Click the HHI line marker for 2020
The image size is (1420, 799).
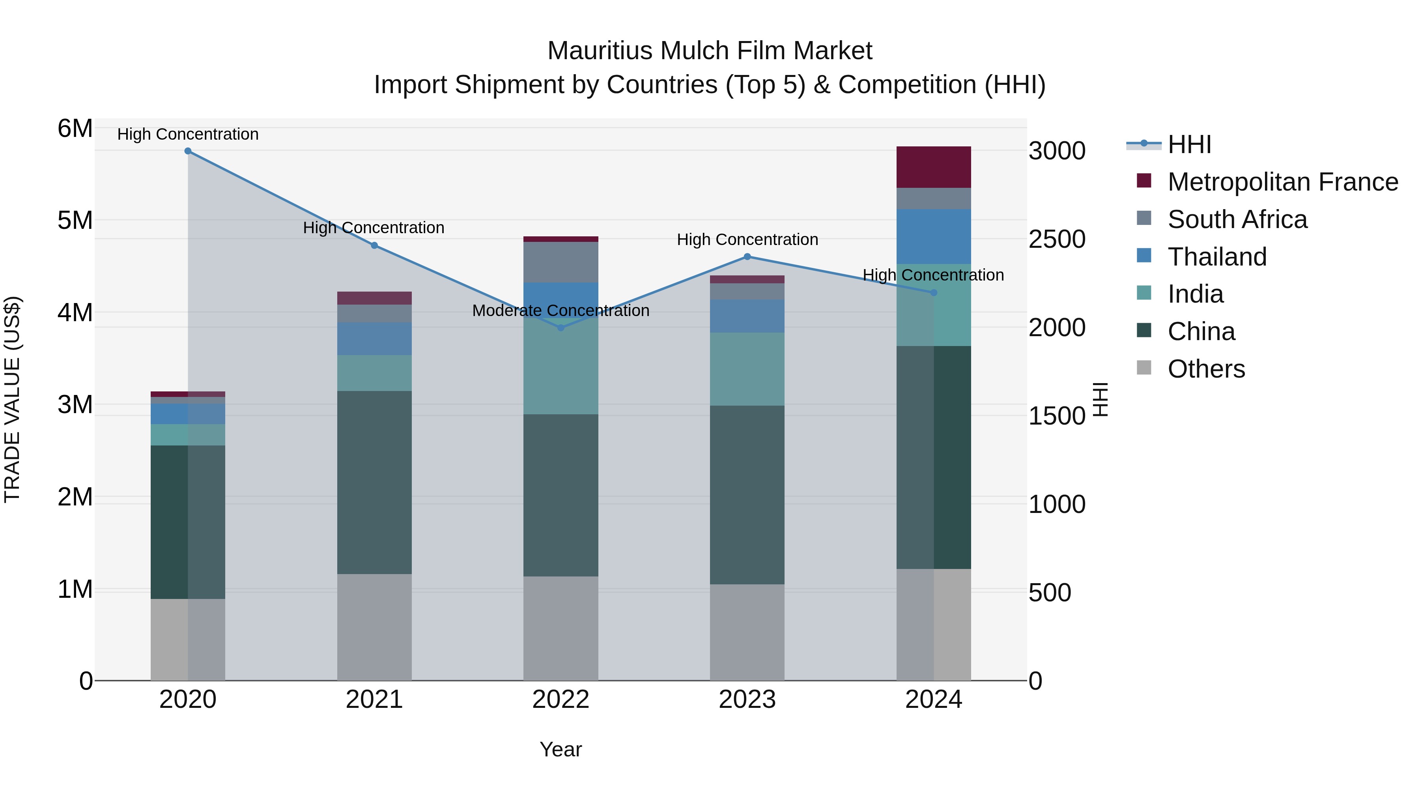pyautogui.click(x=188, y=151)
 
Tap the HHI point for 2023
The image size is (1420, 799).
pyautogui.click(x=747, y=256)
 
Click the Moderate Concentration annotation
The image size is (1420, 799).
pyautogui.click(x=561, y=311)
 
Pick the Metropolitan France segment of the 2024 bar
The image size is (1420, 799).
pyautogui.click(x=933, y=167)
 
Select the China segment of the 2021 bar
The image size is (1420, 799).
pyautogui.click(x=374, y=483)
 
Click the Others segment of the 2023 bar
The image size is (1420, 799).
pyautogui.click(x=747, y=632)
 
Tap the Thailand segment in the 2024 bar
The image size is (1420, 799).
pyautogui.click(x=933, y=237)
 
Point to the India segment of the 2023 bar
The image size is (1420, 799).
pyautogui.click(x=747, y=369)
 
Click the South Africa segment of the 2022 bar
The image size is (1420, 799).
pyautogui.click(x=561, y=262)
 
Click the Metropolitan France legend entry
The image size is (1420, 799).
pyautogui.click(x=1282, y=182)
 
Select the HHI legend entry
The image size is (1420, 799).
pyautogui.click(x=1189, y=144)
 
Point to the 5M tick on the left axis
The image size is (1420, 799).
pyautogui.click(x=75, y=221)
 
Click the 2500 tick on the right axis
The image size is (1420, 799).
pyautogui.click(x=1057, y=240)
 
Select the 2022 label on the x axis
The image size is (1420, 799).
pyautogui.click(x=561, y=700)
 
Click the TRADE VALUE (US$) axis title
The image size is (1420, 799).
pyautogui.click(x=12, y=399)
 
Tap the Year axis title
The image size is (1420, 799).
pyautogui.click(x=561, y=749)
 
